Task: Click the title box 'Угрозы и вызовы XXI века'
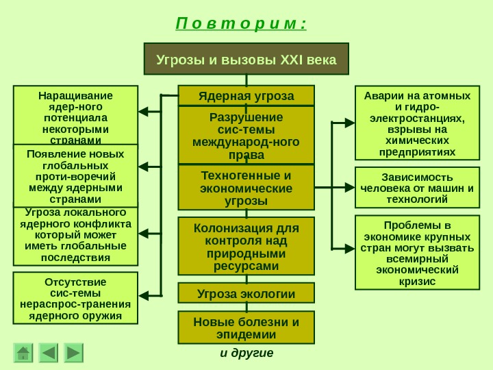point(246,59)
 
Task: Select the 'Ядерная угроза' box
point(246,95)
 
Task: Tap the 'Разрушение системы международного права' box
point(246,135)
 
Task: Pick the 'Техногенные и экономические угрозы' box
point(246,187)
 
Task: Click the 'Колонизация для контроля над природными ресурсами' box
point(246,246)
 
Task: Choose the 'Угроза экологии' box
point(246,293)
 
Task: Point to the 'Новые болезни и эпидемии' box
point(246,328)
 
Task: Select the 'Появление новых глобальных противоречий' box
point(75,175)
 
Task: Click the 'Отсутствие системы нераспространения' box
point(75,298)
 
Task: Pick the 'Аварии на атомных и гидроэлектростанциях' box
point(417,123)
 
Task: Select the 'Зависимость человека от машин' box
point(417,187)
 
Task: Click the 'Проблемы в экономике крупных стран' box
point(417,253)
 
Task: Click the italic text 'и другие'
point(246,353)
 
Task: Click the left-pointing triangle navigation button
point(49,353)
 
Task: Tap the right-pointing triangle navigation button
point(73,353)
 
